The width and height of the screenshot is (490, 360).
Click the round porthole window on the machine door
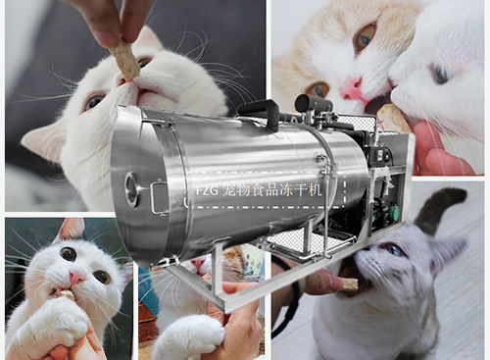tap(132, 189)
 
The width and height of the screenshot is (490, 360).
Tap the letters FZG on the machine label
tap(207, 190)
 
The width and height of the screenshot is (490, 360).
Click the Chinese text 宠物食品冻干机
tap(271, 190)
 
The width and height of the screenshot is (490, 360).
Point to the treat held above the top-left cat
tap(123, 59)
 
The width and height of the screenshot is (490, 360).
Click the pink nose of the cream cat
tap(351, 87)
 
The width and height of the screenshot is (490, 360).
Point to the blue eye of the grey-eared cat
tap(394, 250)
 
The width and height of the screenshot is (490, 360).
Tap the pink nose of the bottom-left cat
tap(76, 278)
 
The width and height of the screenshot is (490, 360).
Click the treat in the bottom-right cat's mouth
tap(349, 283)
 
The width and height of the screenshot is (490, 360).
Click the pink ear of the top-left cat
tap(42, 140)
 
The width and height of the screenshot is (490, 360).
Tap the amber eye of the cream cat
tap(366, 36)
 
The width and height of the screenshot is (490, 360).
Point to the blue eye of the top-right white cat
tap(442, 74)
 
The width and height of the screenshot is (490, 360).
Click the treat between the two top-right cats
tap(392, 119)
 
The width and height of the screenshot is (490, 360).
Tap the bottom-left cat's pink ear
tap(73, 229)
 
